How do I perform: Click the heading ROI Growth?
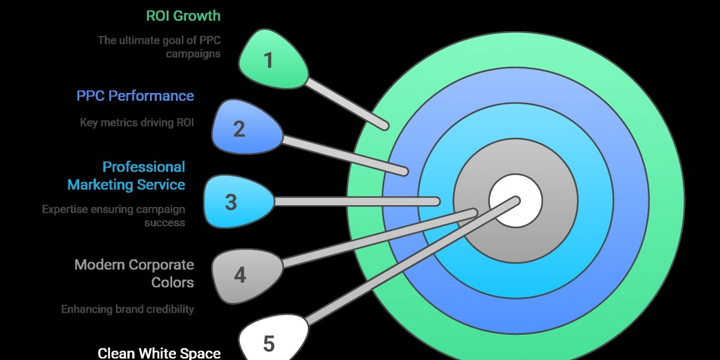[x=183, y=16]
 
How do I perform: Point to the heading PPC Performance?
[x=135, y=96]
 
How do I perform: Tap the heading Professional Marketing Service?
[x=126, y=176]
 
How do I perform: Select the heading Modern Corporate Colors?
[x=134, y=273]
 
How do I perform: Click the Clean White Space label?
[x=159, y=353]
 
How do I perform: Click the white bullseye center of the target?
[x=515, y=201]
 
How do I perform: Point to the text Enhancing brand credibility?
[x=127, y=309]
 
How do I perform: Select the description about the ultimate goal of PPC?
[x=159, y=47]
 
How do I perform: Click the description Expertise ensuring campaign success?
[x=113, y=216]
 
